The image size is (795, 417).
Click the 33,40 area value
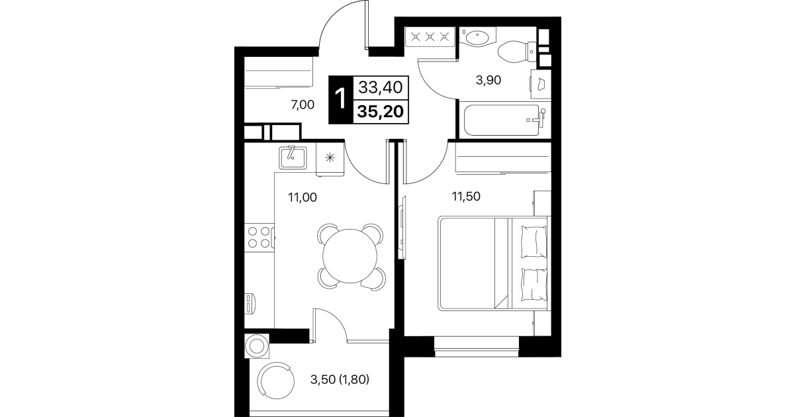(x=380, y=87)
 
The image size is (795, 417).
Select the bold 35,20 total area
(x=380, y=112)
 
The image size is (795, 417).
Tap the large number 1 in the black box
(x=341, y=100)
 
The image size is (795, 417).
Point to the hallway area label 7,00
(x=303, y=105)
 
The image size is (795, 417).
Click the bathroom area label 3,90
(x=489, y=81)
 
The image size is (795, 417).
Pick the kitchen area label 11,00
(x=303, y=197)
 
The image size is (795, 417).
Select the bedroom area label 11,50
(x=466, y=197)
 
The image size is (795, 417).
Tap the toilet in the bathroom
(x=517, y=52)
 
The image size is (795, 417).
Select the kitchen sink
(x=293, y=158)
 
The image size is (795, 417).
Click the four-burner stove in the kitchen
(x=259, y=237)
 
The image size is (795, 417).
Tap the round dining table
(x=350, y=256)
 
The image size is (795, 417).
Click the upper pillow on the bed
(x=534, y=242)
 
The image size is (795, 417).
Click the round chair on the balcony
(x=276, y=381)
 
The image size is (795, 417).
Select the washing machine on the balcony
(x=257, y=346)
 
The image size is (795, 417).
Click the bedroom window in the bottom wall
(x=477, y=346)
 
